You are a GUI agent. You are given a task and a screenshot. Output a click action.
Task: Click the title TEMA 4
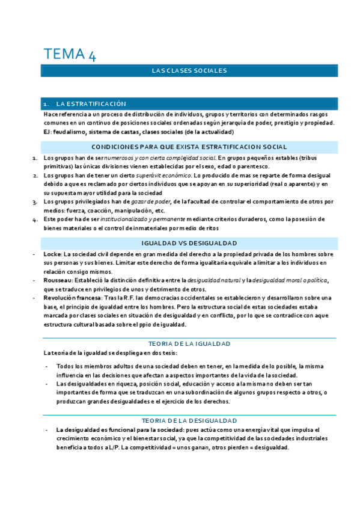[69, 54]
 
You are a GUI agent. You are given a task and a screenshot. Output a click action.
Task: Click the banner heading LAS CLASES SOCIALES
[189, 71]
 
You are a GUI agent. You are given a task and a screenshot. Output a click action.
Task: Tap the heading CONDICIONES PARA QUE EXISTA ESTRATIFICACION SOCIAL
[189, 147]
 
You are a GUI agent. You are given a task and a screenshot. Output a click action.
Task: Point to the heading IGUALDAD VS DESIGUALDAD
[189, 243]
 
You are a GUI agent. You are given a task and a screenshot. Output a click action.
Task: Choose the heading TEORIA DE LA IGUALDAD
[189, 344]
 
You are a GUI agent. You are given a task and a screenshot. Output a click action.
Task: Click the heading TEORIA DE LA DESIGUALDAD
[189, 420]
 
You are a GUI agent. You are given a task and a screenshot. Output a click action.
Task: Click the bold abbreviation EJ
[47, 132]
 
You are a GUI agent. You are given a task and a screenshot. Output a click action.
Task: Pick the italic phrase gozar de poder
[155, 201]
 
